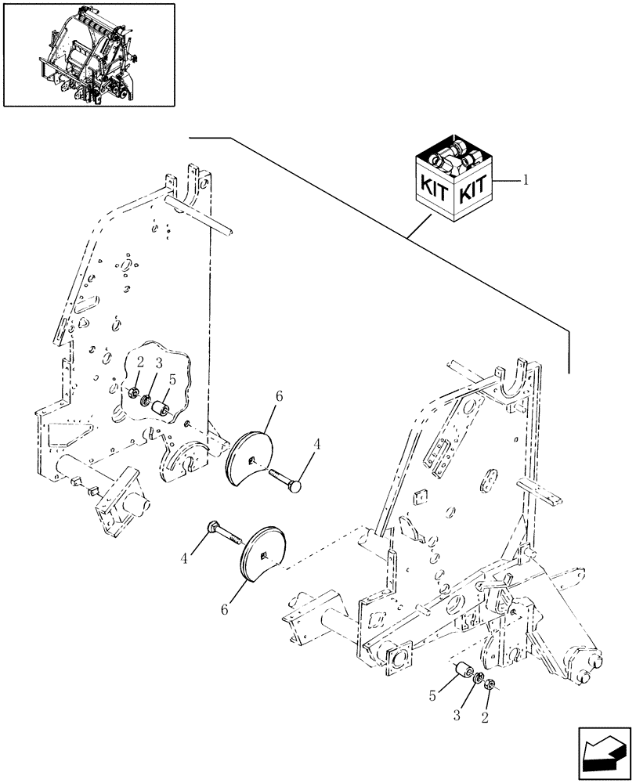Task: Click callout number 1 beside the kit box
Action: tap(526, 180)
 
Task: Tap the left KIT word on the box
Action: tap(432, 189)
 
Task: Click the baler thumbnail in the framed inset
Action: tap(89, 54)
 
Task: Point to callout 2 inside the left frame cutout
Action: tap(139, 363)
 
